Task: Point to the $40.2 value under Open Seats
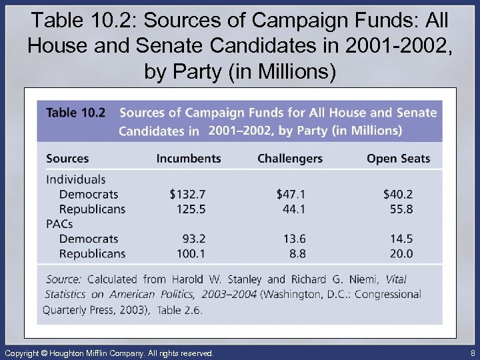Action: (398, 194)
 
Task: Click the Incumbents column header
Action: (189, 159)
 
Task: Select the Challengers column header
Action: (290, 159)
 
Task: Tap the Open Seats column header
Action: (399, 159)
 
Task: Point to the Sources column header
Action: (67, 159)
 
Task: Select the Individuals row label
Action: (76, 179)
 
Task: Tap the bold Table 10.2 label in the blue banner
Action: (75, 113)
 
